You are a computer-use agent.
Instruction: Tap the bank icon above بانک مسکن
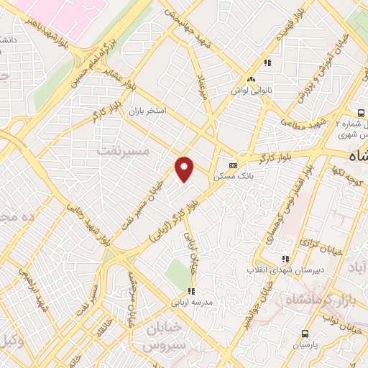click(232, 162)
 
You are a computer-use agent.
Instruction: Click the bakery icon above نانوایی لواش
click(251, 79)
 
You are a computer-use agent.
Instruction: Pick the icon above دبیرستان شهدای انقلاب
click(285, 258)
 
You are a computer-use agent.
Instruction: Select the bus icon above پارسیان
click(305, 333)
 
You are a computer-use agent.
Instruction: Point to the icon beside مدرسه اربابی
click(191, 291)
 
